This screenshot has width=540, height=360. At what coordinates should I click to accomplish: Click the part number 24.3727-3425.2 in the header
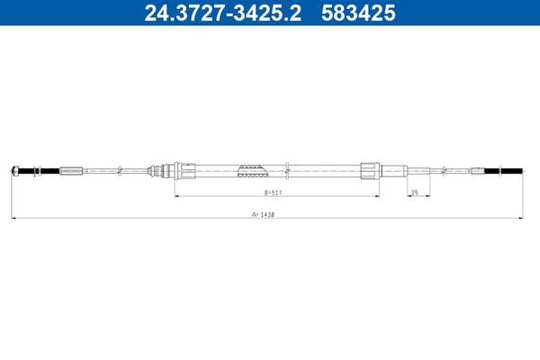click(x=223, y=13)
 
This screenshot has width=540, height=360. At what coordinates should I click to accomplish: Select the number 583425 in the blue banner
click(x=358, y=13)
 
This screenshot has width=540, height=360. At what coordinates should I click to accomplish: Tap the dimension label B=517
click(x=273, y=193)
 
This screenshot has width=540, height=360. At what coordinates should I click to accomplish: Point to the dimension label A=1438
click(x=263, y=214)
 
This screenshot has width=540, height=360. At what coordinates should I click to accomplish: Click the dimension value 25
click(x=415, y=193)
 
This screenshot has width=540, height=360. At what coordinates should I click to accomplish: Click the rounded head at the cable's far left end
click(x=14, y=170)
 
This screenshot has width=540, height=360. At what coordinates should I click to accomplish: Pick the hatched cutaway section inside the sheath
click(x=253, y=171)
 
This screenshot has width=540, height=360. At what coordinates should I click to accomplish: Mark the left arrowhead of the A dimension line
click(x=13, y=218)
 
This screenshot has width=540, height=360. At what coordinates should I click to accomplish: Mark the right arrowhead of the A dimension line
click(x=520, y=218)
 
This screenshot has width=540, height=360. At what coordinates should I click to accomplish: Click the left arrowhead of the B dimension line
click(x=177, y=196)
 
